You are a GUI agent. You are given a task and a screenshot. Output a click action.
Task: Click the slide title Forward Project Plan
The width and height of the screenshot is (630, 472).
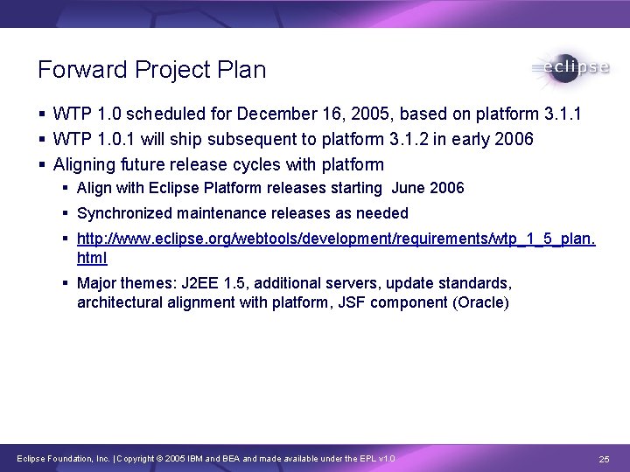click(151, 70)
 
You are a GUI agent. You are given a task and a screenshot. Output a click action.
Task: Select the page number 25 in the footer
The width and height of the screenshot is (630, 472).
click(603, 459)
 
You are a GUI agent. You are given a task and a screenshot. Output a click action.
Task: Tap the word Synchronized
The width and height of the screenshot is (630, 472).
click(125, 212)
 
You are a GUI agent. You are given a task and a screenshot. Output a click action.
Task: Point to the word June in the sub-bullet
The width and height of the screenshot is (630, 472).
click(409, 188)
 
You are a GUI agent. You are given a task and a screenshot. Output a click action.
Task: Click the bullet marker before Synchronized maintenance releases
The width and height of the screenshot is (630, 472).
click(66, 213)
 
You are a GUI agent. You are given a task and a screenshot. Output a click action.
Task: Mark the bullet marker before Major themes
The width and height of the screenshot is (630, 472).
click(66, 284)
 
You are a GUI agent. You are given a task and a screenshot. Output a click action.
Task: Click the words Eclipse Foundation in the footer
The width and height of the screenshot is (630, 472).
click(40, 459)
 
